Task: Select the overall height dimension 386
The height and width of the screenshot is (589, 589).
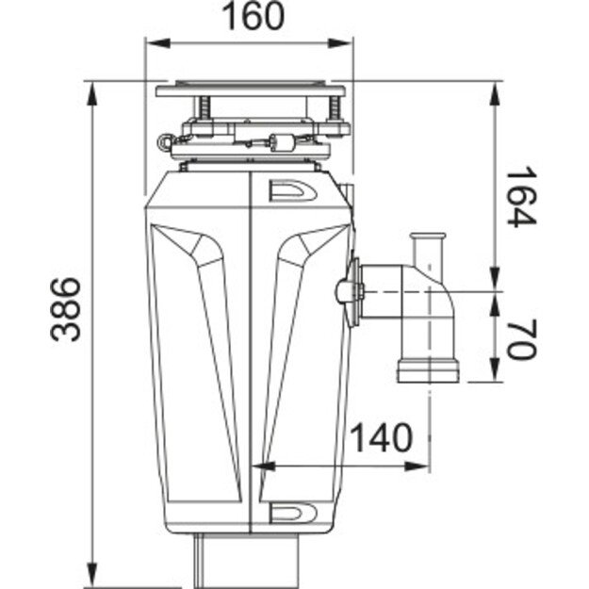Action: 63,309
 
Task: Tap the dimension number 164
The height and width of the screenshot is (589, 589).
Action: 521,197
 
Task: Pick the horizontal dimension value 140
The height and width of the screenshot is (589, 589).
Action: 382,438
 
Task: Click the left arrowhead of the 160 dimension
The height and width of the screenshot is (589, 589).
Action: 151,43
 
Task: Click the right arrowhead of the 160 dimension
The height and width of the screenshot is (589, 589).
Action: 346,43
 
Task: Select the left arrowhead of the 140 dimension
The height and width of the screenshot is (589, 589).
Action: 264,466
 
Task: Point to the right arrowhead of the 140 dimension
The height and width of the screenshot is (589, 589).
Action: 425,466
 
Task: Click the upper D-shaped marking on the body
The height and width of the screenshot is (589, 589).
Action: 286,191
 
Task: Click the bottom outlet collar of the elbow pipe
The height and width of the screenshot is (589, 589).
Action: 427,369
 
